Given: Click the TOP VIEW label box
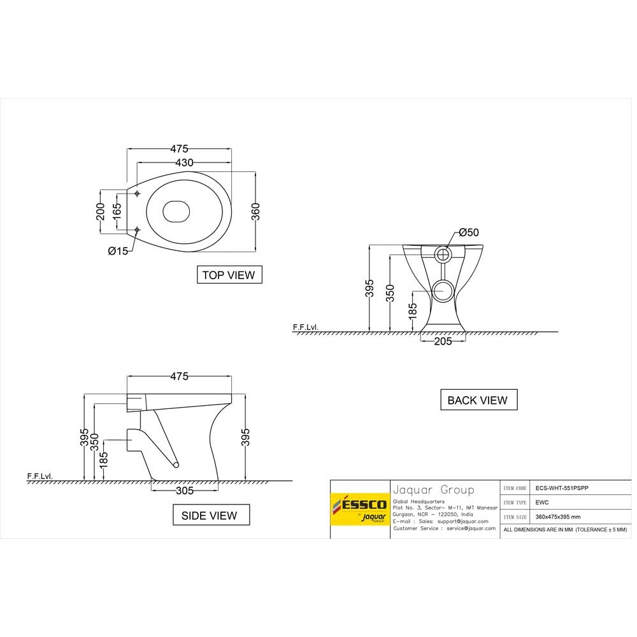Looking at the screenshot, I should pyautogui.click(x=228, y=275).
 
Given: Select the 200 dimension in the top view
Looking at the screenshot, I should pyautogui.click(x=100, y=211).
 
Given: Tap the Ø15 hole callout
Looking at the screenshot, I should pyautogui.click(x=118, y=251).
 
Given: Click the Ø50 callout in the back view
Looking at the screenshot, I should pyautogui.click(x=468, y=233).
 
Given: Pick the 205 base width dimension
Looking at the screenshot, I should pyautogui.click(x=442, y=341).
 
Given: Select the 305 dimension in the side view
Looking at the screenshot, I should pyautogui.click(x=185, y=491).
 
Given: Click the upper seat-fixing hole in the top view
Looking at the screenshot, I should pyautogui.click(x=138, y=193).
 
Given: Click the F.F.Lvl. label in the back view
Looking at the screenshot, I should pyautogui.click(x=305, y=327).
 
